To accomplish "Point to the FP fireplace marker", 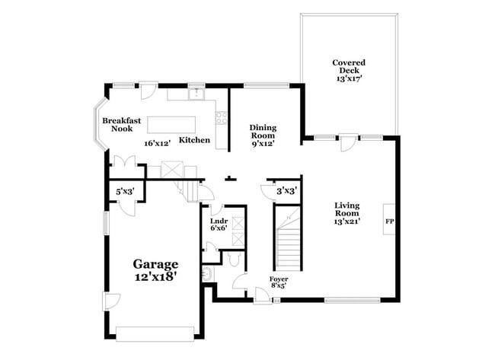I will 389,221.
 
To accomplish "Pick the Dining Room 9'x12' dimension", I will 263,142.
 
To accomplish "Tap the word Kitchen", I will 194,140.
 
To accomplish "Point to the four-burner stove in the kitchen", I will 222,118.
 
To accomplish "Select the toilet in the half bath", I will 235,260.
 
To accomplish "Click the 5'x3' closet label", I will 124,193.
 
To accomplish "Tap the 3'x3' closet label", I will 286,192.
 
